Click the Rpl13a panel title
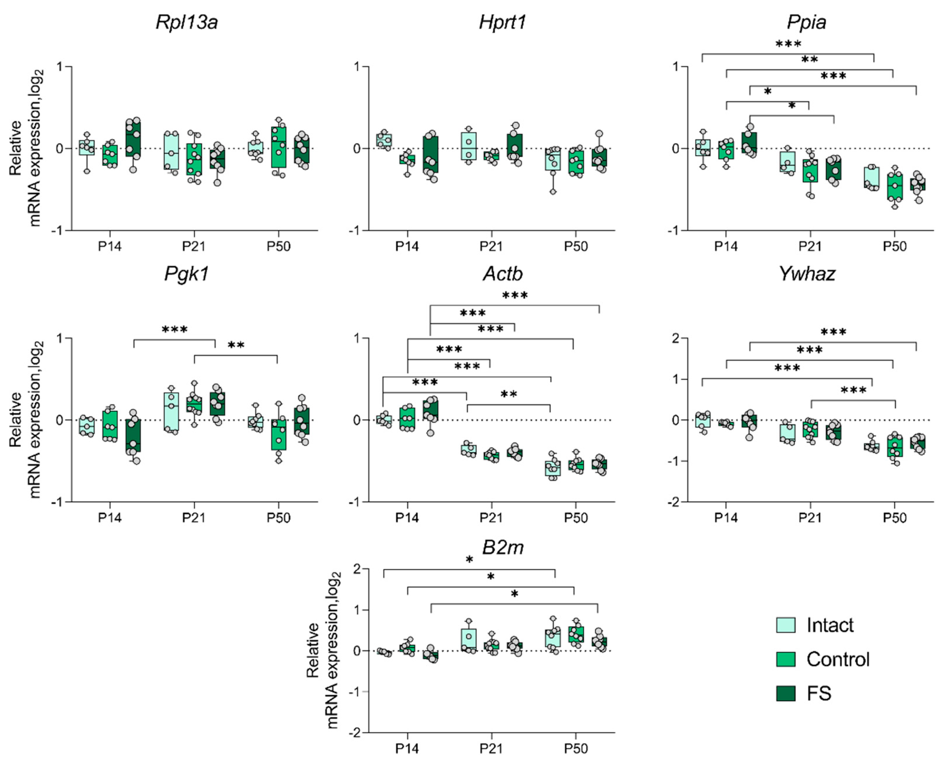click(187, 22)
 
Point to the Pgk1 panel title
click(187, 274)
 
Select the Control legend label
click(838, 659)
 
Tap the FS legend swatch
click(785, 693)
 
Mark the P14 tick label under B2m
click(407, 749)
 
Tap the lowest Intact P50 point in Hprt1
click(553, 192)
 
